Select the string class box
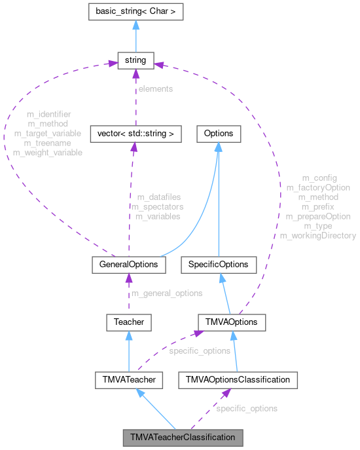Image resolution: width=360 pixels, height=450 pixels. (135, 61)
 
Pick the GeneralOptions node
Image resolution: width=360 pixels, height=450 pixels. (126, 264)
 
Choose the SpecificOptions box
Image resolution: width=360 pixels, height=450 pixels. (219, 264)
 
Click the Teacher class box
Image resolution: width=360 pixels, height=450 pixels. (129, 322)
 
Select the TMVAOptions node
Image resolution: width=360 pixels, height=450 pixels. (232, 322)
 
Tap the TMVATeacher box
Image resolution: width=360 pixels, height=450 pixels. (128, 379)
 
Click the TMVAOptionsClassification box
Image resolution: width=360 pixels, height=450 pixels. (238, 379)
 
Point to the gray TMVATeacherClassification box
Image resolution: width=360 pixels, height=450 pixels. (183, 436)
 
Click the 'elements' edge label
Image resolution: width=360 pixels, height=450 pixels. (154, 88)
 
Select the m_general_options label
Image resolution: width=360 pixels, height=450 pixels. (167, 293)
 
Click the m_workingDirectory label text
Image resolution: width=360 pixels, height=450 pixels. (318, 235)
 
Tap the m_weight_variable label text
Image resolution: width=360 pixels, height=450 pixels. (48, 152)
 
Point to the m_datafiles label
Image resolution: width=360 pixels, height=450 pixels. (158, 197)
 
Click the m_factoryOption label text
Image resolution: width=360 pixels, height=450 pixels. (318, 187)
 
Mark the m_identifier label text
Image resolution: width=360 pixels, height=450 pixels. (50, 114)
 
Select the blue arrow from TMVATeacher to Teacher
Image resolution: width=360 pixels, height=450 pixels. (129, 350)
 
